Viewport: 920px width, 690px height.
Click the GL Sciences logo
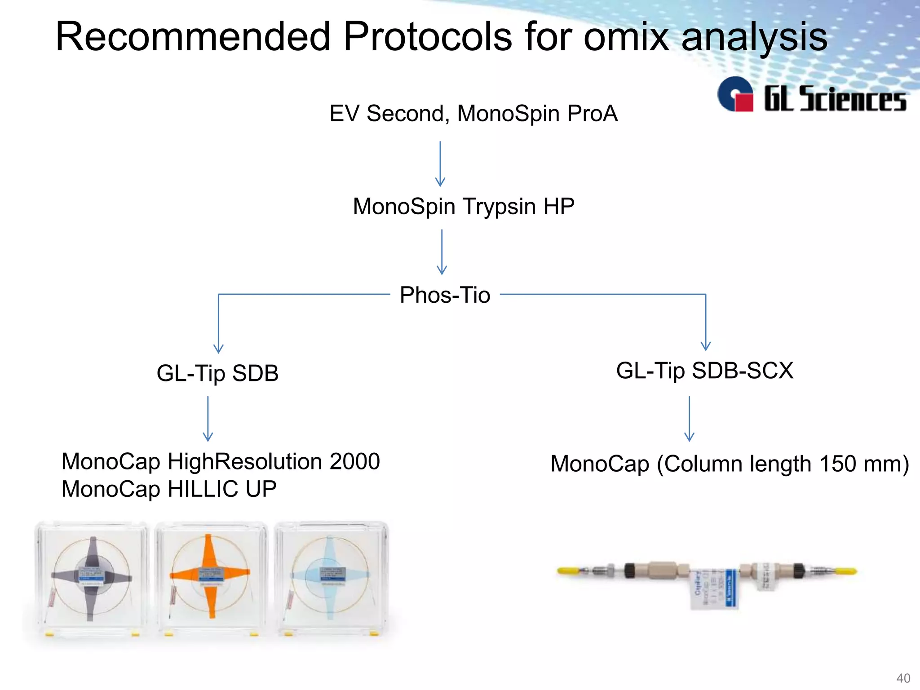tap(811, 95)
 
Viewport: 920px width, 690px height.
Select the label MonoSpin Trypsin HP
tap(463, 207)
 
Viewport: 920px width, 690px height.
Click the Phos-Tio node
tap(445, 295)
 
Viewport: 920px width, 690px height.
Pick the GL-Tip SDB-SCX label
tap(704, 371)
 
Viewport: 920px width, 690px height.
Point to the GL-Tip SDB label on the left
tap(217, 373)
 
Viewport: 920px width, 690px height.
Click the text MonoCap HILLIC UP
tap(169, 489)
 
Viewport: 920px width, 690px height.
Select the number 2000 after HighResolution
tap(354, 462)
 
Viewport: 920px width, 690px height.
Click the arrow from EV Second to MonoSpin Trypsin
tap(440, 164)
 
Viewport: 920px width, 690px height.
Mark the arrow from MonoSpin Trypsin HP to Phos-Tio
tap(442, 252)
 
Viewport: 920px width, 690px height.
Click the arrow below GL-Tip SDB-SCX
tap(689, 419)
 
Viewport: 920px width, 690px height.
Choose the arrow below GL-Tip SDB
tap(208, 419)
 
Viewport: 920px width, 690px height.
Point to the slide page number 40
tap(903, 678)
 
